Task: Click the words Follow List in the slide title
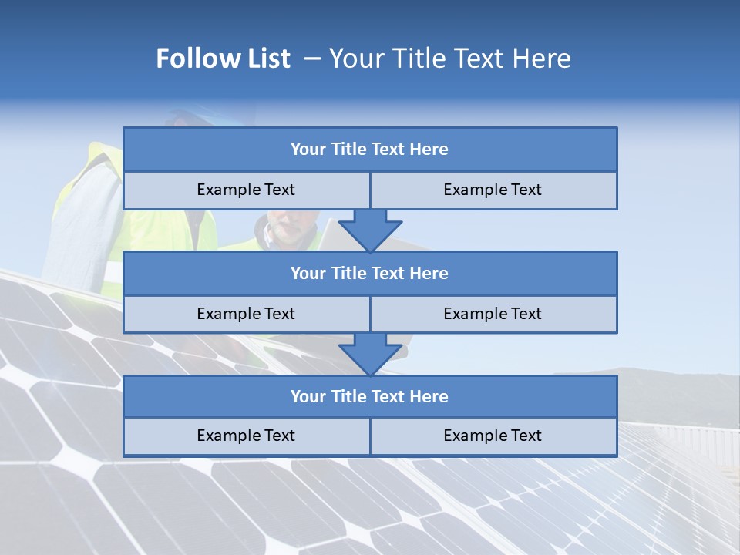coord(223,59)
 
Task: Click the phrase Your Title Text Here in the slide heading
coord(449,59)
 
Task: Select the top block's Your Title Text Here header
coord(369,150)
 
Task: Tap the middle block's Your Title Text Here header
coord(369,273)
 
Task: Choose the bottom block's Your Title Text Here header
coord(369,396)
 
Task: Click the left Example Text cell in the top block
coord(246,190)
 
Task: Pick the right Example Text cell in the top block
coord(493,190)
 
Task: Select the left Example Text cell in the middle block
coord(246,314)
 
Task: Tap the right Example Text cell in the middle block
coord(493,314)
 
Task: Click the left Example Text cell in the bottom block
coord(246,436)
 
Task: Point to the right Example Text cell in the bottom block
coord(493,436)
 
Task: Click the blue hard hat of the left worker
coord(185,115)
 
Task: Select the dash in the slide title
coord(312,59)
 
